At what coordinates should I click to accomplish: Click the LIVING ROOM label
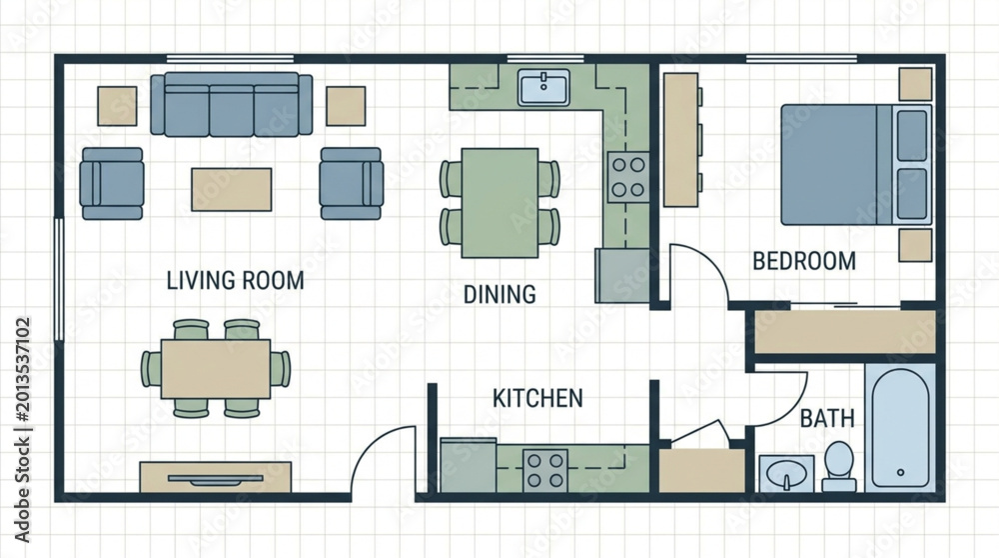pyautogui.click(x=235, y=281)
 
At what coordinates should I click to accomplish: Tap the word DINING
pyautogui.click(x=499, y=295)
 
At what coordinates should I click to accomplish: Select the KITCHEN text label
pyautogui.click(x=537, y=399)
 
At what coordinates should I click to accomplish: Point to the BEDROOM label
pyautogui.click(x=804, y=261)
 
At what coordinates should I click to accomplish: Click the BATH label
pyautogui.click(x=827, y=419)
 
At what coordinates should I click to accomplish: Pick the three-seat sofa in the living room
pyautogui.click(x=232, y=105)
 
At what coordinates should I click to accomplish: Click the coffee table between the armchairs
pyautogui.click(x=232, y=189)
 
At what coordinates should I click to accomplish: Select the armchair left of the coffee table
pyautogui.click(x=112, y=184)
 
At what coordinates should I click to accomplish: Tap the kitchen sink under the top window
pyautogui.click(x=544, y=87)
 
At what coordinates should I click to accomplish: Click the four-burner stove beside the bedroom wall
pyautogui.click(x=628, y=177)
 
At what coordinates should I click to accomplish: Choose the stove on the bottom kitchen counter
pyautogui.click(x=545, y=471)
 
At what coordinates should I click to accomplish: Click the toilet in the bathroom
pyautogui.click(x=839, y=466)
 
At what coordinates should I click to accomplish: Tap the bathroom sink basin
pyautogui.click(x=787, y=474)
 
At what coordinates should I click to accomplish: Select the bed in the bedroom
pyautogui.click(x=856, y=165)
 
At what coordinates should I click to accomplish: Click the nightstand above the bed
pyautogui.click(x=915, y=84)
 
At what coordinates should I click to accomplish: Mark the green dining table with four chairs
pyautogui.click(x=500, y=203)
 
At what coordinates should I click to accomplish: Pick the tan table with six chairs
pyautogui.click(x=216, y=369)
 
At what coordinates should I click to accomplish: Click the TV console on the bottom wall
pyautogui.click(x=216, y=477)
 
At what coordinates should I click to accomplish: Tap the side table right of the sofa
pyautogui.click(x=346, y=106)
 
